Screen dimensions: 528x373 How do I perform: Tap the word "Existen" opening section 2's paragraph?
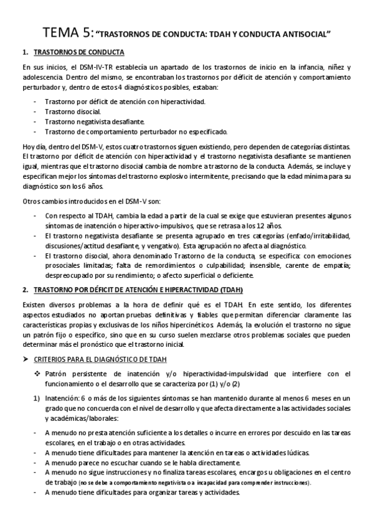(x=35, y=306)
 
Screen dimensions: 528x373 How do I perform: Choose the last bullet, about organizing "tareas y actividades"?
(x=143, y=493)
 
